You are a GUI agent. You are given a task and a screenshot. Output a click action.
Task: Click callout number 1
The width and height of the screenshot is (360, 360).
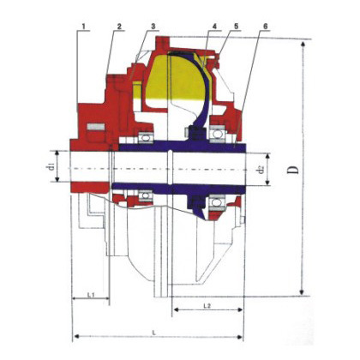(x=84, y=27)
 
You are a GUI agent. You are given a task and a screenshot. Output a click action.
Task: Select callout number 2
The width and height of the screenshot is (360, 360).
(x=119, y=27)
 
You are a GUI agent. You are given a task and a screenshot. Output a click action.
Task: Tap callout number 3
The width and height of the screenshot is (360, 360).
(x=153, y=27)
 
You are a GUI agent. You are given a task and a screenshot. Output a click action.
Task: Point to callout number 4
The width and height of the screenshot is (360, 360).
(x=214, y=27)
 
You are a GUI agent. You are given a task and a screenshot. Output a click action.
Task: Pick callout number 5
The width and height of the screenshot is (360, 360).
(x=236, y=27)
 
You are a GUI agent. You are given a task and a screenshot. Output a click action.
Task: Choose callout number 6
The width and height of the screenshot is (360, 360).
(x=265, y=27)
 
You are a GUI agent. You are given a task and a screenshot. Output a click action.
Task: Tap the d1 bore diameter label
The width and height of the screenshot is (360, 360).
(x=51, y=166)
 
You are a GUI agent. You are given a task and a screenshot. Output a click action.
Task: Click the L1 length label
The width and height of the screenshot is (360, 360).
(x=91, y=294)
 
